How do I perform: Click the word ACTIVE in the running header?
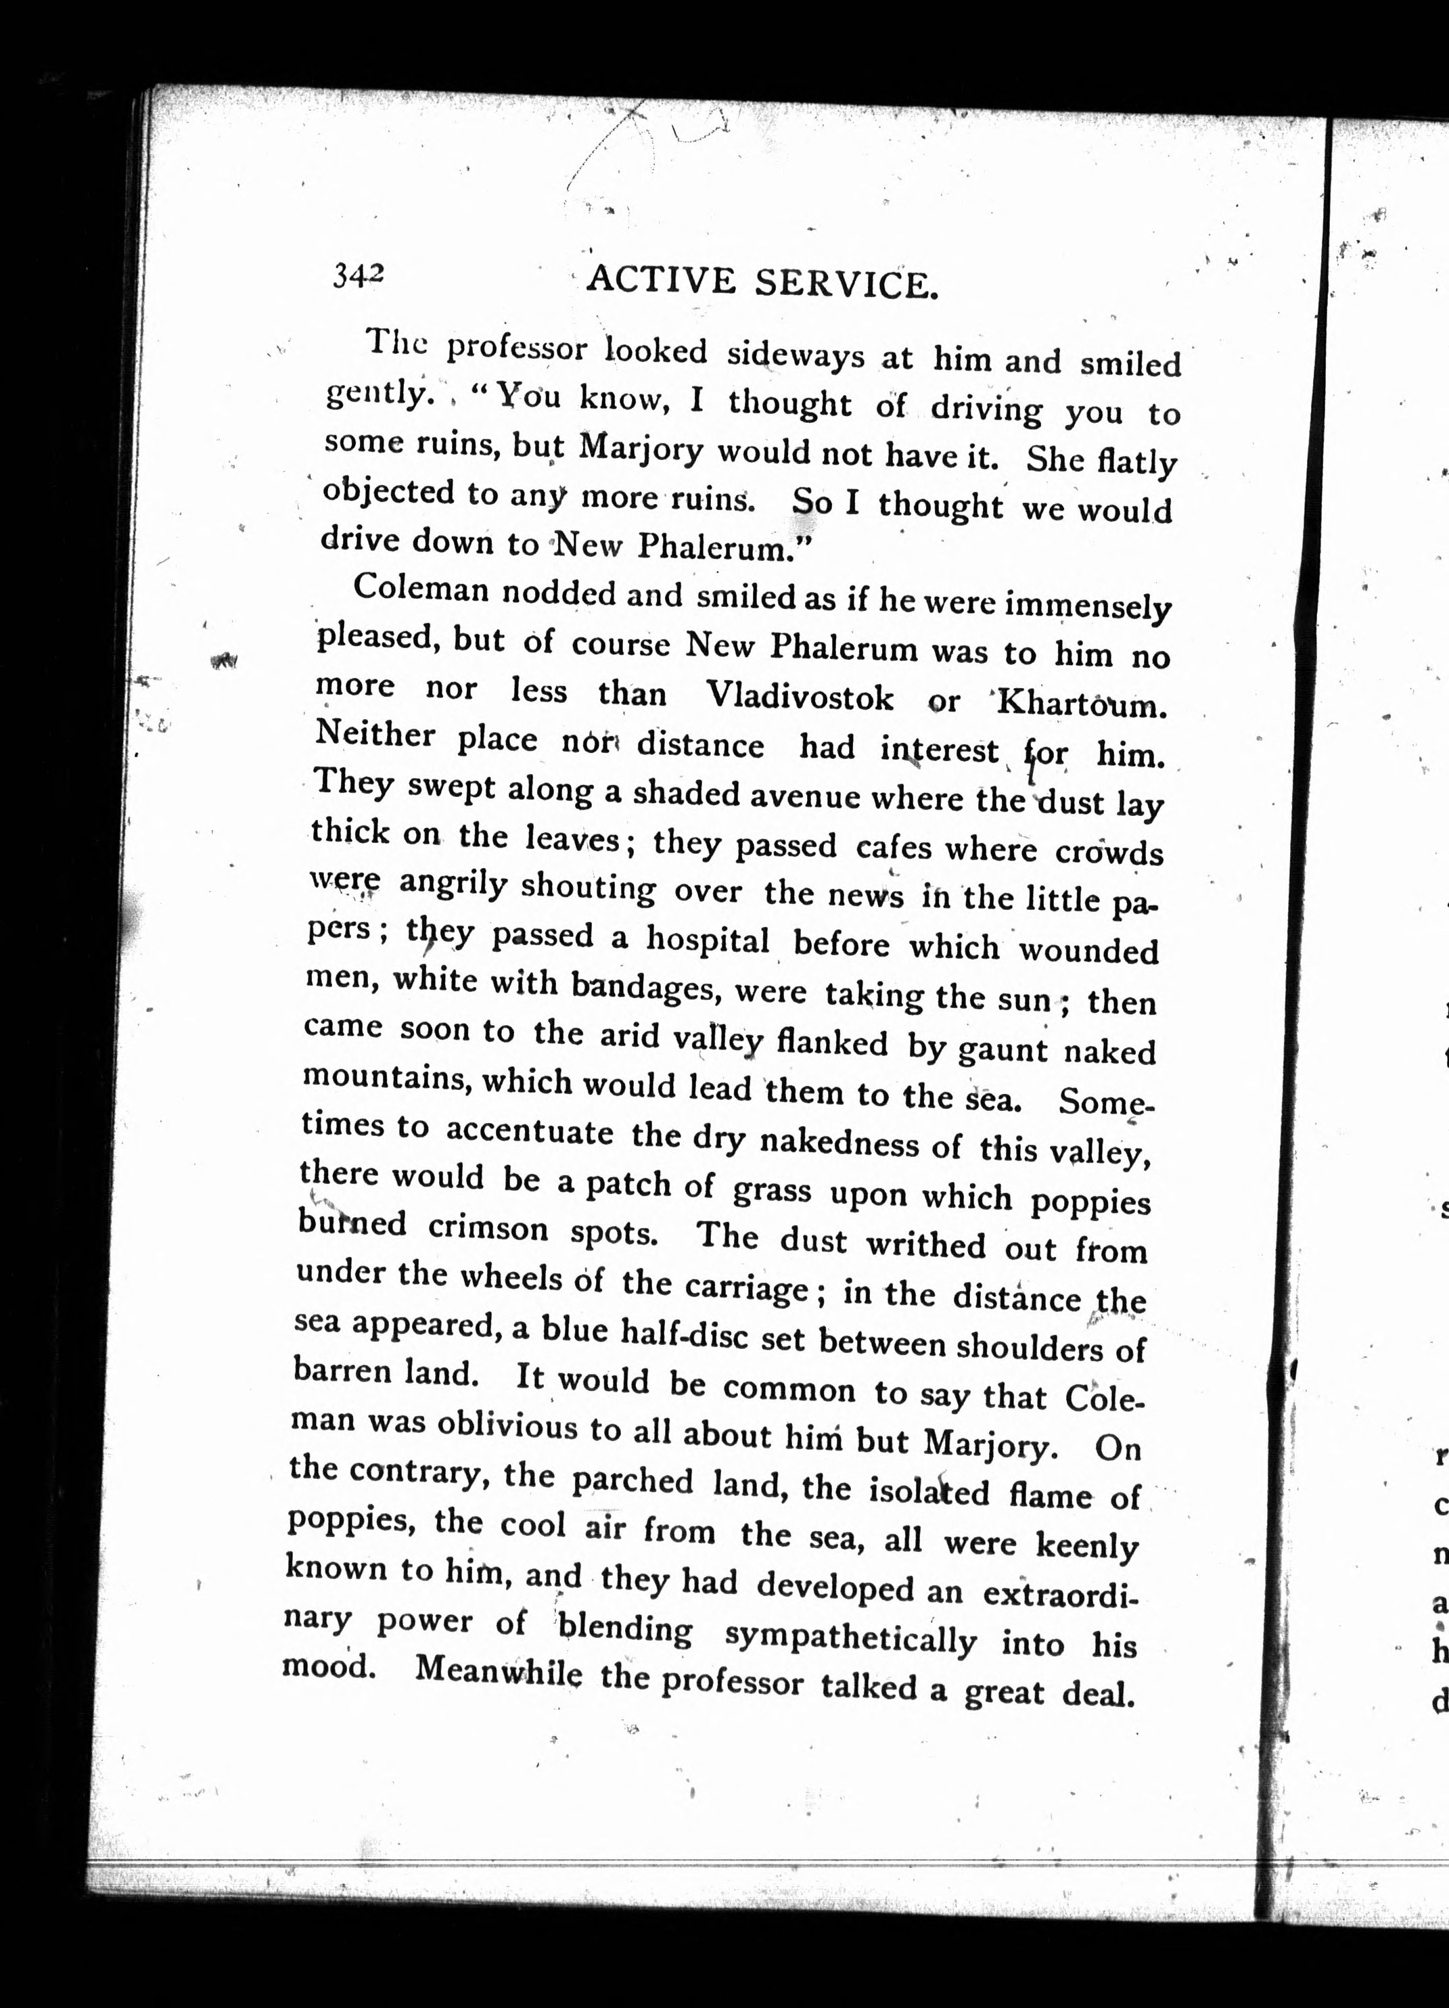660,281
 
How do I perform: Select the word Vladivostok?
800,697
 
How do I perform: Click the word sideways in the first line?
795,355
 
